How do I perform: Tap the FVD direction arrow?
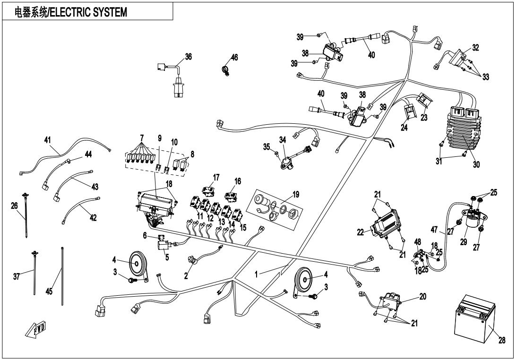pyautogui.click(x=36, y=329)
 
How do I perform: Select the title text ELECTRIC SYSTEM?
pyautogui.click(x=88, y=12)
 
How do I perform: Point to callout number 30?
pyautogui.click(x=476, y=164)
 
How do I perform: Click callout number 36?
pyautogui.click(x=188, y=57)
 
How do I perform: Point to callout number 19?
pyautogui.click(x=295, y=195)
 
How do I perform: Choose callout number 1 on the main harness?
pyautogui.click(x=257, y=274)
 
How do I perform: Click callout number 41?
pyautogui.click(x=48, y=140)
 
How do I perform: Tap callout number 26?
pyautogui.click(x=14, y=206)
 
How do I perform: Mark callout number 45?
pyautogui.click(x=49, y=291)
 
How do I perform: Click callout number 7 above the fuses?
pyautogui.click(x=142, y=137)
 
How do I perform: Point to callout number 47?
pyautogui.click(x=434, y=229)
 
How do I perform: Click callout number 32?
pyautogui.click(x=475, y=48)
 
